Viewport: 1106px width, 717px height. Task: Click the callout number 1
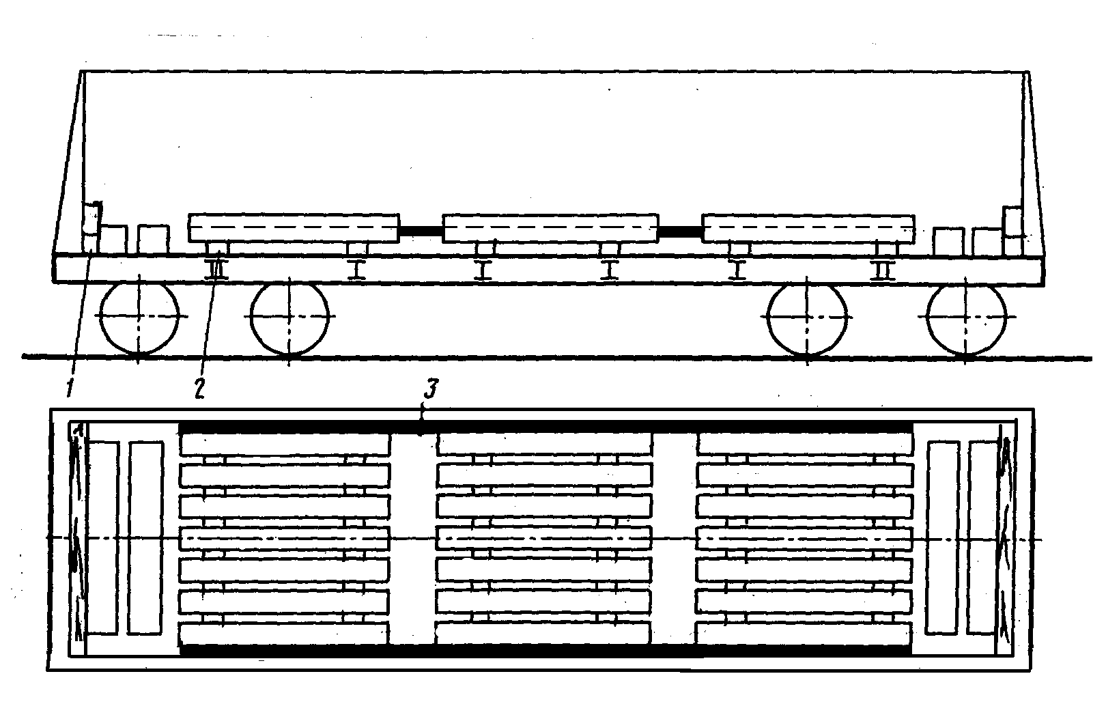pyautogui.click(x=70, y=387)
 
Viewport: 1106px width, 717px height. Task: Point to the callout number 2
pyautogui.click(x=199, y=387)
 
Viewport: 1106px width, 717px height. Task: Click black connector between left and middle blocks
pyautogui.click(x=421, y=231)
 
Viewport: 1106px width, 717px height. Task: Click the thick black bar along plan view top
pyautogui.click(x=546, y=427)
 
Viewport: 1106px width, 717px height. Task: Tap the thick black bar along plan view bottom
pyautogui.click(x=546, y=651)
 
